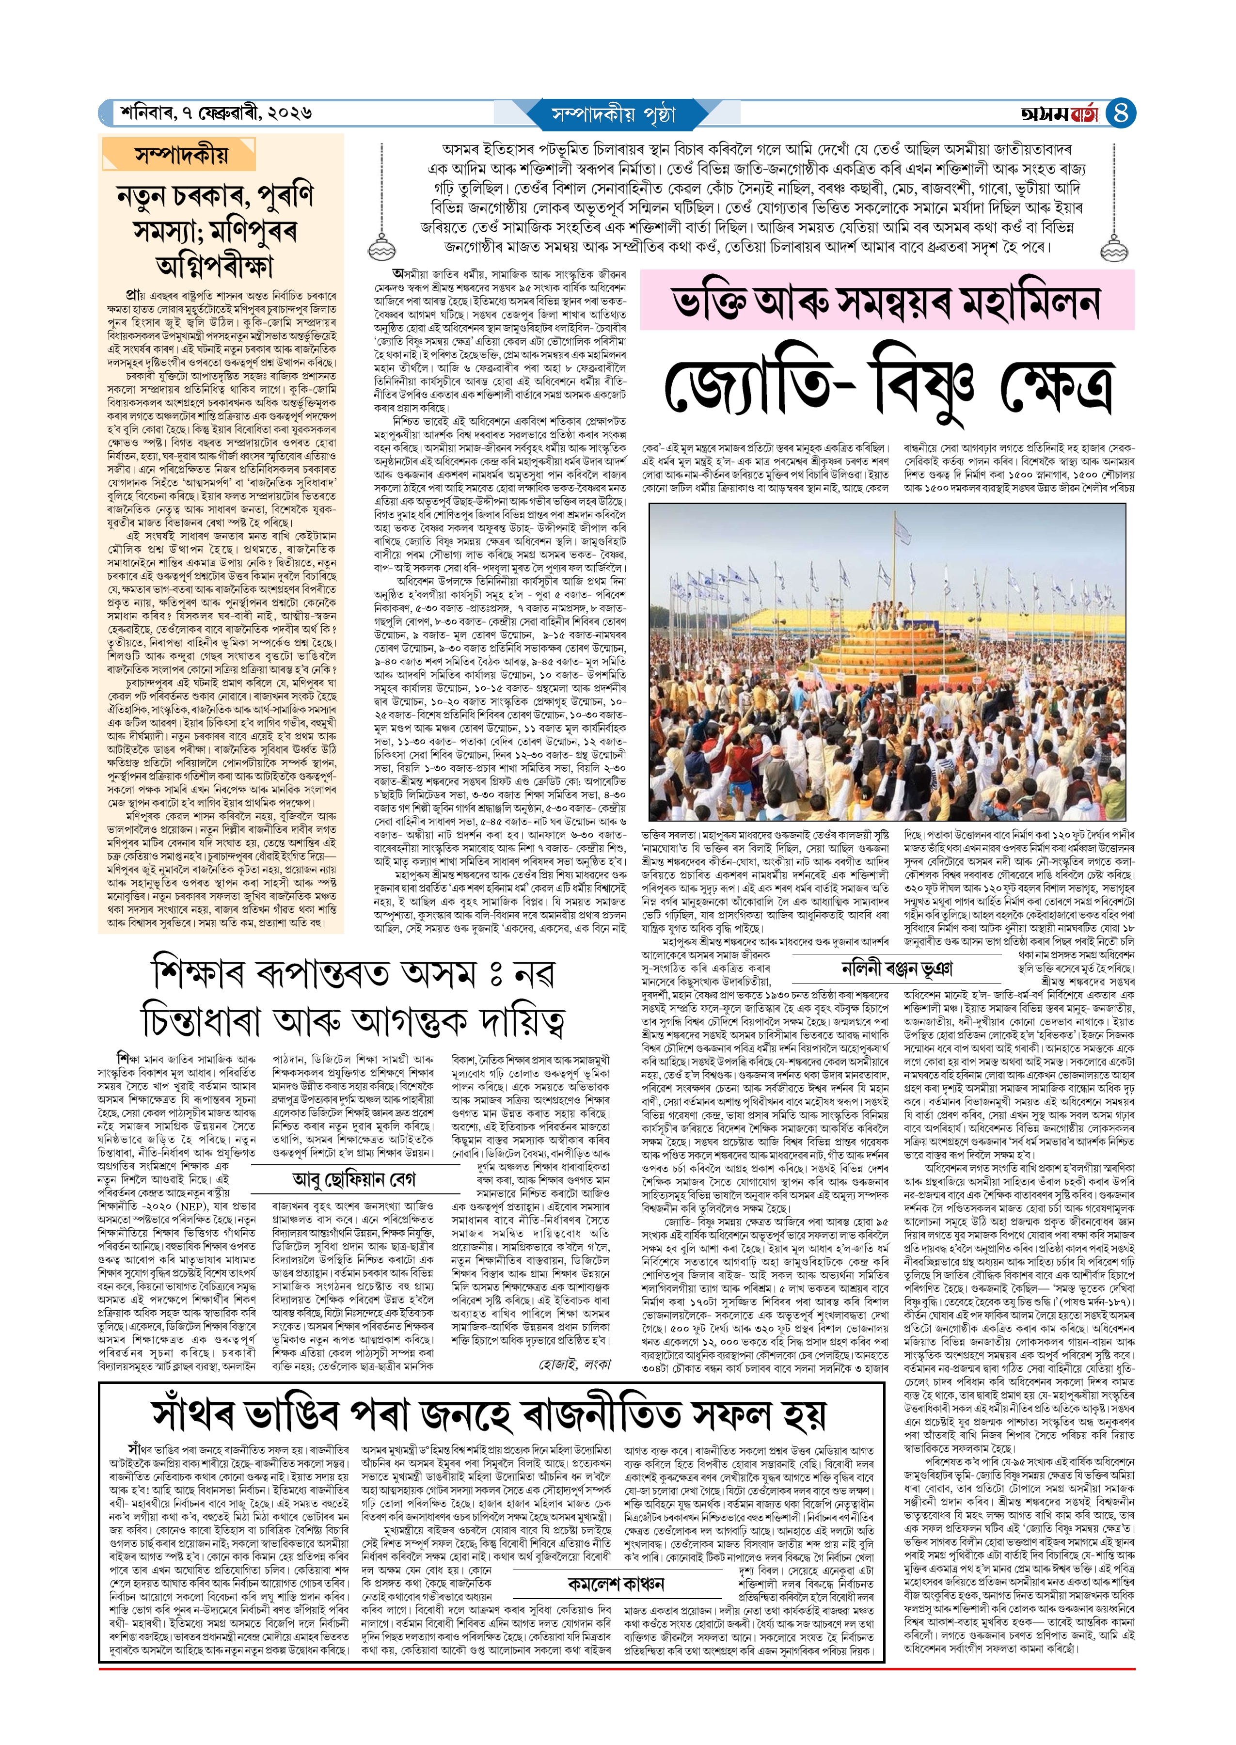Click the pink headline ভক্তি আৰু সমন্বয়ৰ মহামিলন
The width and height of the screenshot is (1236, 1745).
(886, 301)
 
